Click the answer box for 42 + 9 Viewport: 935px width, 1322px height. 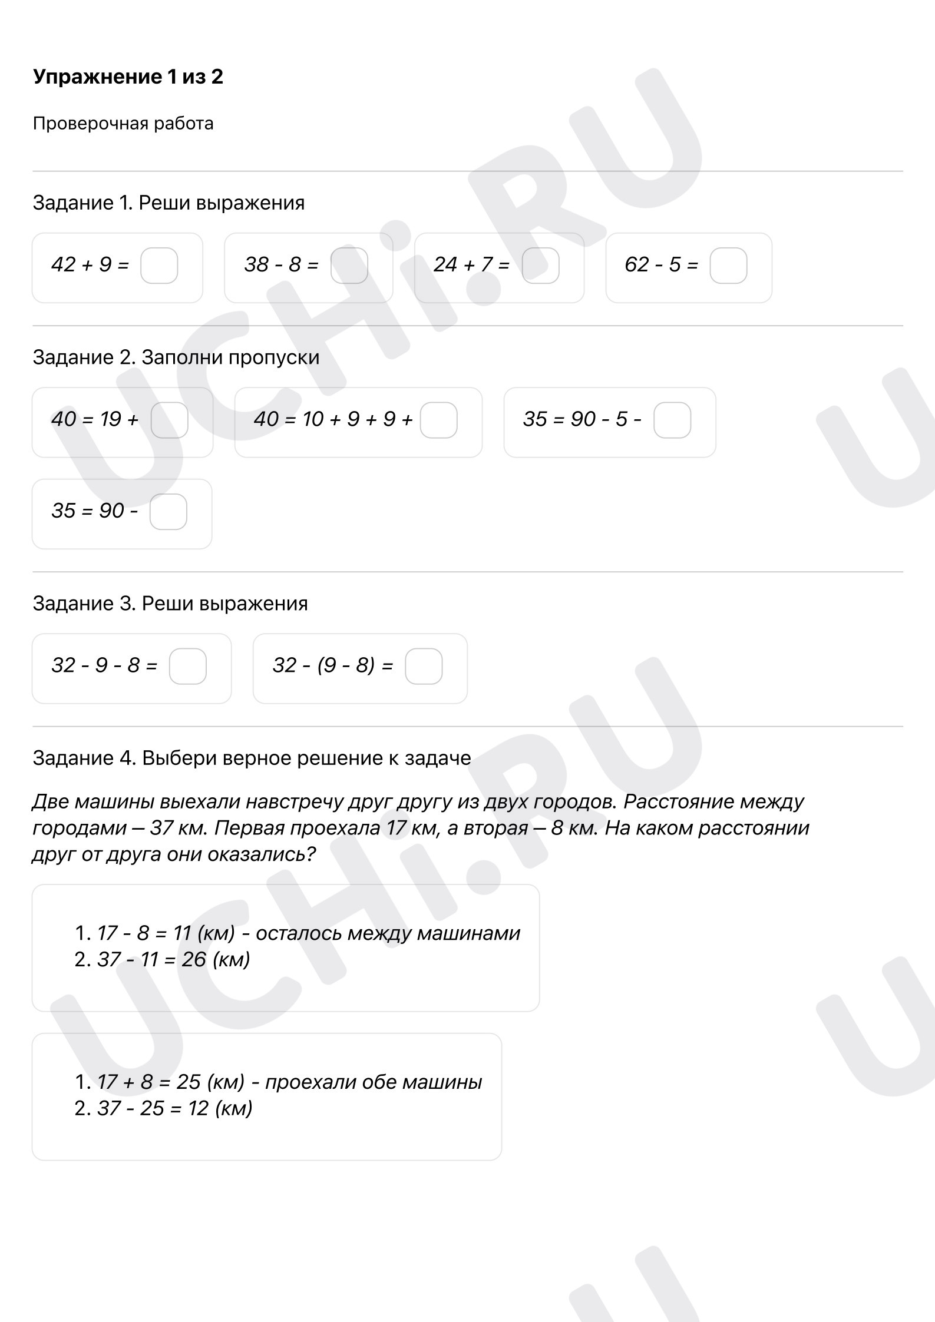click(159, 266)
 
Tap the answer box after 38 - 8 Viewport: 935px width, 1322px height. click(349, 266)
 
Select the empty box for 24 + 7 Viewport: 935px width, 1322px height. click(540, 266)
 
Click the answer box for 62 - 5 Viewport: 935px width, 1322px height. click(728, 266)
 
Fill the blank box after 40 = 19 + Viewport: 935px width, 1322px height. click(170, 420)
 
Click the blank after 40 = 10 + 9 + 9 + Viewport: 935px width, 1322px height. click(438, 420)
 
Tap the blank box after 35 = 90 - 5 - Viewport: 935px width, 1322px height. click(672, 420)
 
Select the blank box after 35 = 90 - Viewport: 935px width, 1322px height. click(169, 512)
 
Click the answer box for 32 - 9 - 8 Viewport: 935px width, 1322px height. click(188, 666)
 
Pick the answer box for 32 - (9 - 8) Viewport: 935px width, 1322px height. click(424, 666)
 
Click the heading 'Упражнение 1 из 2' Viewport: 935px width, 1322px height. click(128, 77)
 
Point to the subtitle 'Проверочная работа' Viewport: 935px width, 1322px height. click(123, 124)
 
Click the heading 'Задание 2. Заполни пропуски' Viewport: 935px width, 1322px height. click(176, 357)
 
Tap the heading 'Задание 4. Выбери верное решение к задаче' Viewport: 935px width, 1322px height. click(252, 758)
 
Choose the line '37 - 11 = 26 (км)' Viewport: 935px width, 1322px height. click(173, 959)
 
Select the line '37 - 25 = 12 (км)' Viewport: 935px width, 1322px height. click(174, 1108)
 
